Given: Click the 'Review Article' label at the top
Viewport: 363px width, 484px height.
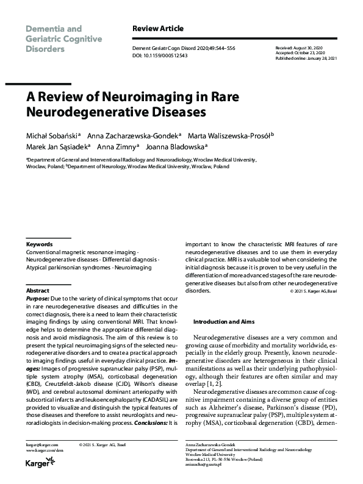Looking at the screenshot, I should coord(157,29).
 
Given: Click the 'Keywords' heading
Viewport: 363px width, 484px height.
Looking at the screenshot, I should coord(39,244).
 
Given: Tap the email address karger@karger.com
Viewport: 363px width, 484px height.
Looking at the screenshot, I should coord(43,445).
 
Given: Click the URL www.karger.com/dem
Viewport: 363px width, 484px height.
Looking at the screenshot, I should coord(45,450).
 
